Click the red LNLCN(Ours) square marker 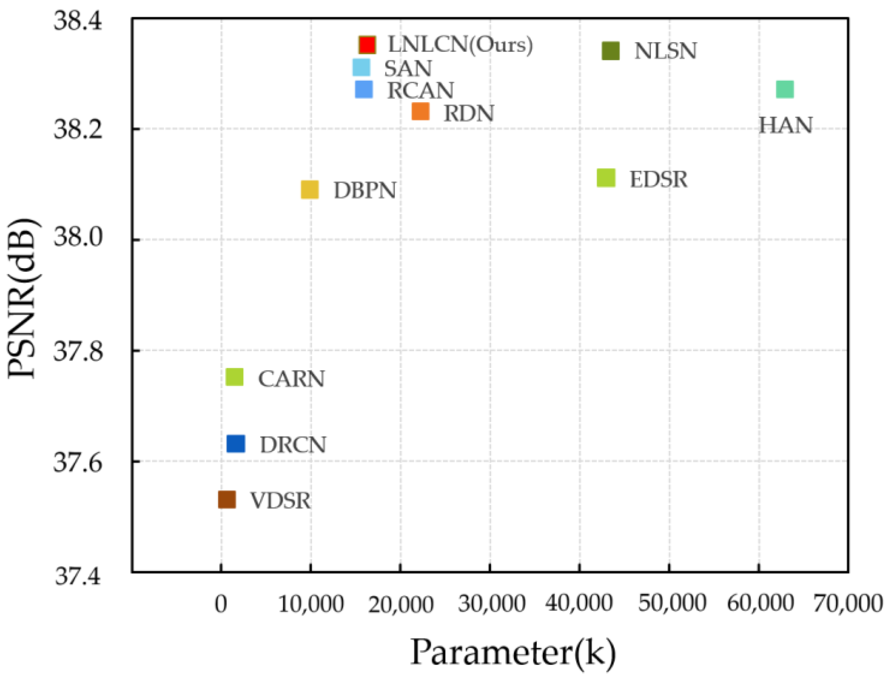pos(367,44)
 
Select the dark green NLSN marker pos(610,51)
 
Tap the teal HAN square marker pos(785,89)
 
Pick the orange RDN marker pos(420,112)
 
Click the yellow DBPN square pos(310,189)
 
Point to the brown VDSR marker pos(227,500)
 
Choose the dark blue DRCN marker pos(236,443)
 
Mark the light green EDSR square pos(606,178)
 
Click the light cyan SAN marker pos(361,68)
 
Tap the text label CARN pos(291,379)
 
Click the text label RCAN pos(420,90)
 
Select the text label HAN pos(785,125)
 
